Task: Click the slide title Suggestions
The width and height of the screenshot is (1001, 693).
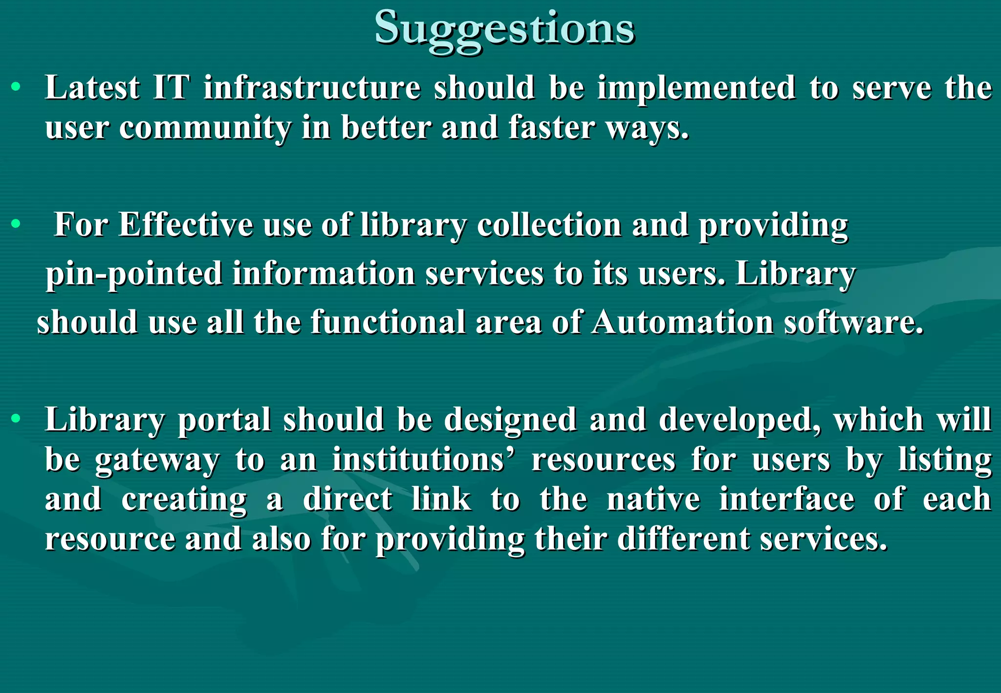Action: point(504,28)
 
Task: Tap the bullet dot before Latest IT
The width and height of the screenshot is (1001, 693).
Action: point(16,87)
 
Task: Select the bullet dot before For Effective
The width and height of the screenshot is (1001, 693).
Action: point(16,224)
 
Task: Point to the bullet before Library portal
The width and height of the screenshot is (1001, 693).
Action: point(16,419)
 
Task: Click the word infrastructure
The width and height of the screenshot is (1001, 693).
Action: point(312,88)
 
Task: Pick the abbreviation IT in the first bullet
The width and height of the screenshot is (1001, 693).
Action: point(171,88)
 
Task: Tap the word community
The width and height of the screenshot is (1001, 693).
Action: point(205,128)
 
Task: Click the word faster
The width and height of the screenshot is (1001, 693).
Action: point(551,128)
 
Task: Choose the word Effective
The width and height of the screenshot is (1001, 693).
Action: point(185,225)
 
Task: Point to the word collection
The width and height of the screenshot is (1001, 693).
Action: point(549,225)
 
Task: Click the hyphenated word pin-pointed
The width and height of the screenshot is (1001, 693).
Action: point(134,274)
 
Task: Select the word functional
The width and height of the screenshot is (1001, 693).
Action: point(388,323)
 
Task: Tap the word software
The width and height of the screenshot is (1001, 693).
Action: point(853,323)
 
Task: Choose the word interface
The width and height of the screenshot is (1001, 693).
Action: point(786,499)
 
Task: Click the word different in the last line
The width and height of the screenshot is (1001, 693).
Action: point(683,539)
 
